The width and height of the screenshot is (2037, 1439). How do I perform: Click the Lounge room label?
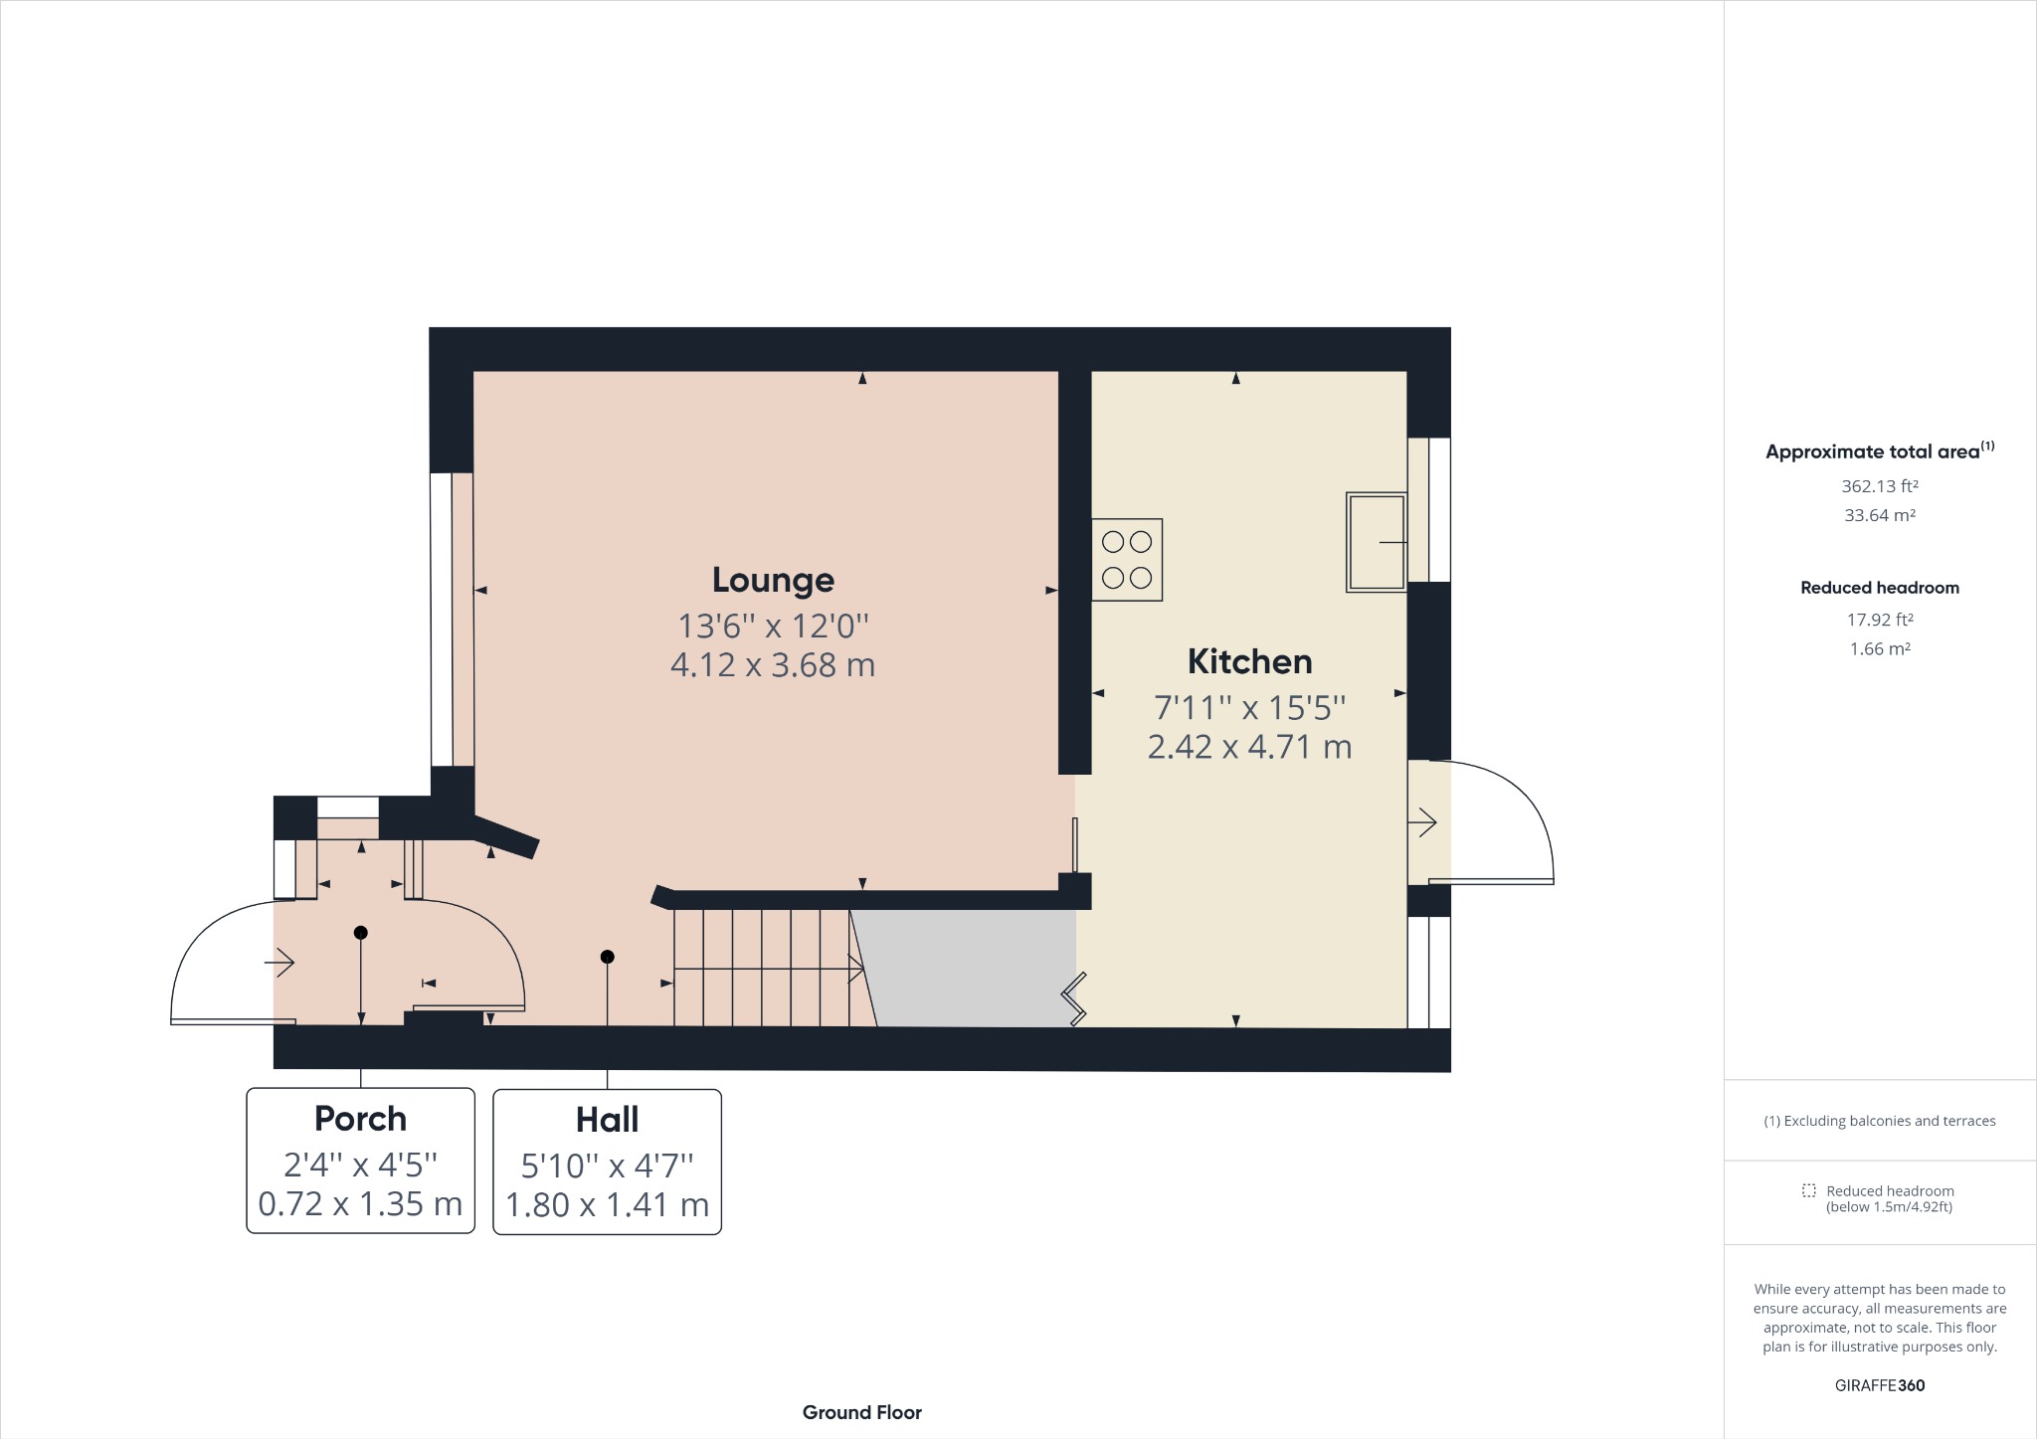773,580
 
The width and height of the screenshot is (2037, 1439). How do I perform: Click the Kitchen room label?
1249,661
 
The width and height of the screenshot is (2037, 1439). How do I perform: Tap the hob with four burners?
1127,559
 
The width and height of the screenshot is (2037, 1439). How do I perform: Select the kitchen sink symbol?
1376,542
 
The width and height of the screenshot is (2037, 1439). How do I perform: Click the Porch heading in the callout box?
360,1119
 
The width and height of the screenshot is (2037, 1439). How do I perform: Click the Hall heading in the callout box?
607,1120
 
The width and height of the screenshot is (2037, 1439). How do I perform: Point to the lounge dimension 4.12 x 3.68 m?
773,665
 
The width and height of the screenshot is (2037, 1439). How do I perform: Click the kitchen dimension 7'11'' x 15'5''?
1249,708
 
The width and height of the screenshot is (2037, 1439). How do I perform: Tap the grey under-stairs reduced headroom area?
970,970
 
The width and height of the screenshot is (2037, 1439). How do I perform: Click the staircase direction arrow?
855,968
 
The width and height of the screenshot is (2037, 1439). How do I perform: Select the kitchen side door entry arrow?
1422,822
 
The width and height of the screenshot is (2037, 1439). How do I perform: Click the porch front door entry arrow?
280,962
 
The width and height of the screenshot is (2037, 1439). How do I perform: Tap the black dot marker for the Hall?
607,957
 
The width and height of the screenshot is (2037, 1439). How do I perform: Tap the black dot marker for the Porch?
361,933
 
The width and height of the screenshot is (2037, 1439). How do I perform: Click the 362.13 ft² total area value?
1879,486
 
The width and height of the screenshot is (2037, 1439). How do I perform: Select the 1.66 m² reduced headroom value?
1879,648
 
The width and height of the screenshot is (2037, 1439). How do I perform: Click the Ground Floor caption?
861,1412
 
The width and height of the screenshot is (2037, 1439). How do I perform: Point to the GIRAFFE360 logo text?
1879,1385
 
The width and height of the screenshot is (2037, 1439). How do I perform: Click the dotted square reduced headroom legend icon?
1808,1190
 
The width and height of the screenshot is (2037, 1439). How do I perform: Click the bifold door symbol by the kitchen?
1074,999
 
